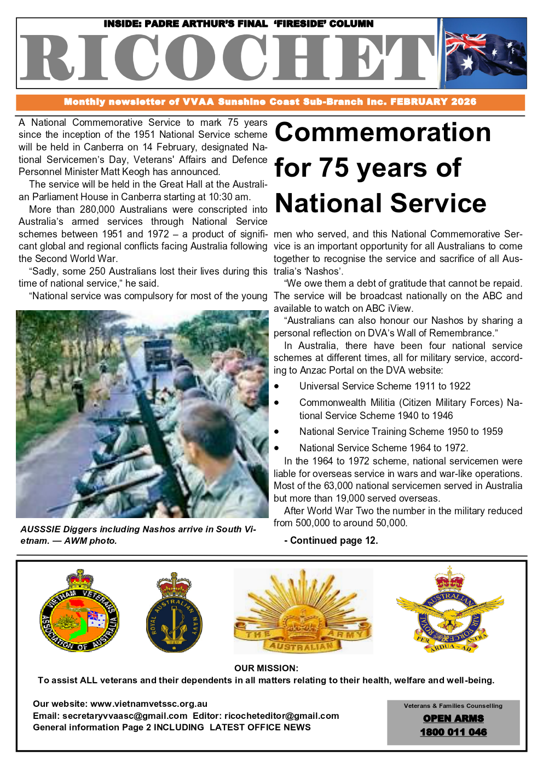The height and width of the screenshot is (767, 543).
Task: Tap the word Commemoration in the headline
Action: (383, 132)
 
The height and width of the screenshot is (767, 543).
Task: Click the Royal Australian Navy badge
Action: (174, 613)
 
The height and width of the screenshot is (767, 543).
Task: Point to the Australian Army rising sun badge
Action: (303, 612)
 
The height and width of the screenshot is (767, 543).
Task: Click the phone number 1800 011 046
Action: (453, 732)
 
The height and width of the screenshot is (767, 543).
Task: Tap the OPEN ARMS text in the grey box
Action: (453, 718)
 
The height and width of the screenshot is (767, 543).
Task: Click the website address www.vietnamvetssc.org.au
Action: (149, 704)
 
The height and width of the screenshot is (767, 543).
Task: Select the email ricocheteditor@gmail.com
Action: (281, 716)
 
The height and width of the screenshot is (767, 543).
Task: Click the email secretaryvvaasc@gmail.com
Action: (125, 716)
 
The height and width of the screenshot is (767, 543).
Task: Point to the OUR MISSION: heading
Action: (266, 668)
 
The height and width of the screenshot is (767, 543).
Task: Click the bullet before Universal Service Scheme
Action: (277, 386)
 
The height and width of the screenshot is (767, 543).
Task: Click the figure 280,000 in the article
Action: (97, 210)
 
